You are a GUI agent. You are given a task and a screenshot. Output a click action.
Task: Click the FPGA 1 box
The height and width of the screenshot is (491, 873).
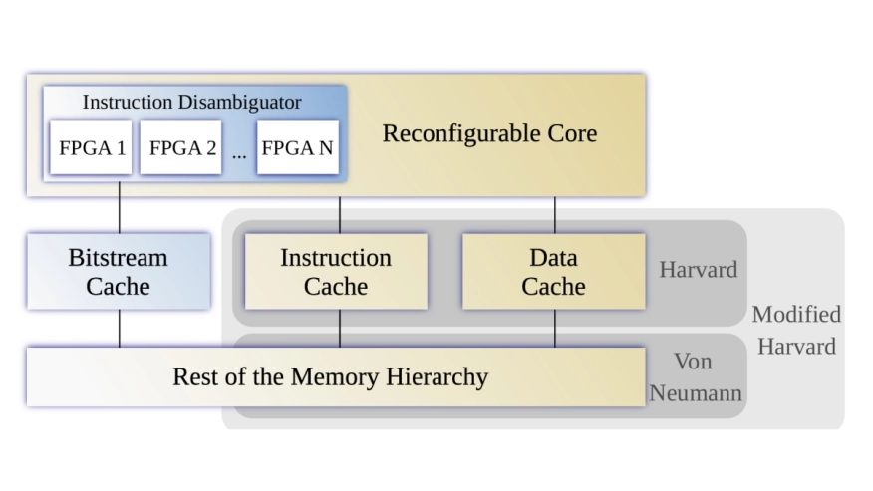[91, 147]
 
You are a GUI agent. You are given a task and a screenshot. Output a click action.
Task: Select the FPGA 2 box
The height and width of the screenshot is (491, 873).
[181, 147]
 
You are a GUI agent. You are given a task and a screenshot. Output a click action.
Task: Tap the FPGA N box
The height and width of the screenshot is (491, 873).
[297, 147]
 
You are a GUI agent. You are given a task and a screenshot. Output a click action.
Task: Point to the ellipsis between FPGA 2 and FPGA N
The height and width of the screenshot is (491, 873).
[239, 152]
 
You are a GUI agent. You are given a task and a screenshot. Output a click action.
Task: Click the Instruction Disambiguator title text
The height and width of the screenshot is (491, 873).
[191, 102]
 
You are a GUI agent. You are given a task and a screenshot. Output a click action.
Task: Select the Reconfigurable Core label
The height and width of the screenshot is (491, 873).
[489, 133]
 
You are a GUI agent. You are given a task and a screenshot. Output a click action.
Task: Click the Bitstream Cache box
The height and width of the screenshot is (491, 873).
[119, 272]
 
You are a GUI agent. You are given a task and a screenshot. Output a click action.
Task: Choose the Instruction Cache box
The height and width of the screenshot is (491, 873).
[336, 272]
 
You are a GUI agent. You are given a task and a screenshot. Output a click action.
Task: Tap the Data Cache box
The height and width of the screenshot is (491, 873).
[553, 272]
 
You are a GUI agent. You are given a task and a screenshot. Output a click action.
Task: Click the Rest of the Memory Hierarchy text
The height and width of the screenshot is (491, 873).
[330, 376]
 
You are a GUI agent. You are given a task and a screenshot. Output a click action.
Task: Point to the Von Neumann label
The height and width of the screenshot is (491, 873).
[695, 376]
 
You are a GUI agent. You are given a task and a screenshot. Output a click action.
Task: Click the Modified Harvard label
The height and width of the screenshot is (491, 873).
[795, 330]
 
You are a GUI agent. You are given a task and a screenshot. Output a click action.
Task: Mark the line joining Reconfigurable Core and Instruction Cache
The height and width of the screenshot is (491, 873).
[340, 214]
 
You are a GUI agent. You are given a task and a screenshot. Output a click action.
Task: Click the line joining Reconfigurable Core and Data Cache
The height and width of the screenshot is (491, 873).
[554, 214]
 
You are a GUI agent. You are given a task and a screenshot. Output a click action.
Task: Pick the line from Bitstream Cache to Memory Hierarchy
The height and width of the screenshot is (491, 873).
[120, 328]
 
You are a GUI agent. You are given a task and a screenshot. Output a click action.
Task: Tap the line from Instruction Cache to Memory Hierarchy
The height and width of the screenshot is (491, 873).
[340, 328]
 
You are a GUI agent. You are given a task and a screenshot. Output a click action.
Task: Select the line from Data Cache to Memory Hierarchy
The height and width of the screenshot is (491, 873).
[554, 328]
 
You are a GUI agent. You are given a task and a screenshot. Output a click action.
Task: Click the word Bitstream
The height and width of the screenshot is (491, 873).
[118, 258]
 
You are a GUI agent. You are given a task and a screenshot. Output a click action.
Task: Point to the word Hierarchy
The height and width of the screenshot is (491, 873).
[438, 376]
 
